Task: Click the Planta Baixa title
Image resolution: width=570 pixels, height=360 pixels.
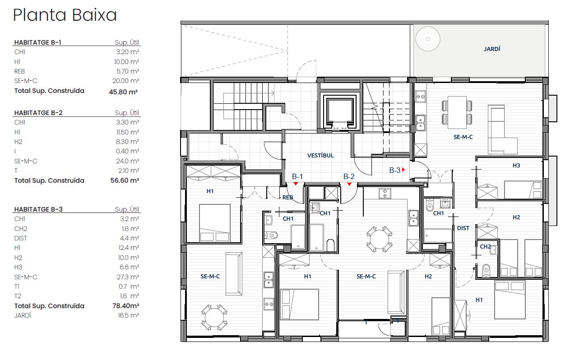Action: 65,15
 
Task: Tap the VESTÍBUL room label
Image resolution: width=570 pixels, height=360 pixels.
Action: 320,156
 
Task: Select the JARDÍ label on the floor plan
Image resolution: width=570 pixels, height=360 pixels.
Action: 491,49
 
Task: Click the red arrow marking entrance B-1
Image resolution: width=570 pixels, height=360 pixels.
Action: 296,184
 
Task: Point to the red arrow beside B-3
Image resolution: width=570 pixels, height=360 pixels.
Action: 403,170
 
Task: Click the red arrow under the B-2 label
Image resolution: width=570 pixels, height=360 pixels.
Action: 349,184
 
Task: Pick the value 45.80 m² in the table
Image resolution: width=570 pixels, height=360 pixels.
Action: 123,92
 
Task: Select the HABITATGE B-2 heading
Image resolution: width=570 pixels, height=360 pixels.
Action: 38,113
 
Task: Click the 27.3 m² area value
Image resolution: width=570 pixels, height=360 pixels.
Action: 128,277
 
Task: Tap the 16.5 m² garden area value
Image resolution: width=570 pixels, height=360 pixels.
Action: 128,315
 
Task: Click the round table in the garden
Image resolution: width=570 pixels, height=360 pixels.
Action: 428,39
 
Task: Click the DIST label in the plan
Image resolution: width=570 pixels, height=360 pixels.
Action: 463,228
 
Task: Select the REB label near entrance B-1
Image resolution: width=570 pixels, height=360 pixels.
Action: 287,198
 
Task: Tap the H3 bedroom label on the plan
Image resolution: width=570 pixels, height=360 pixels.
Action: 516,166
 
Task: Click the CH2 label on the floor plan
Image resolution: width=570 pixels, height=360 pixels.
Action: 485,246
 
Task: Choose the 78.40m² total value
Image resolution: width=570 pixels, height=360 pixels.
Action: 126,305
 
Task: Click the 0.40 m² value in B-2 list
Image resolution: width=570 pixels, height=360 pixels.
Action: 127,151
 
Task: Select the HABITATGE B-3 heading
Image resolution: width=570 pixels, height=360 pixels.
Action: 38,209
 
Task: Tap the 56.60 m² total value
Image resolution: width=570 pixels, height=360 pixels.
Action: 125,180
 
